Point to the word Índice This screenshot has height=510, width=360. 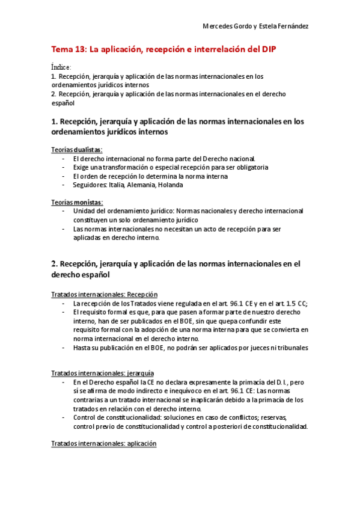click(x=61, y=68)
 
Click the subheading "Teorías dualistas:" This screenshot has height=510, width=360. click(x=78, y=149)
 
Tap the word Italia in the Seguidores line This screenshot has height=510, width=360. click(x=116, y=185)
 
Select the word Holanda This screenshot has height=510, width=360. click(x=171, y=185)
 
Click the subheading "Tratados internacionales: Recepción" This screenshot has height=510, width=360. click(x=105, y=294)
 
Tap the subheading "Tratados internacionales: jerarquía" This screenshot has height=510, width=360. click(x=103, y=373)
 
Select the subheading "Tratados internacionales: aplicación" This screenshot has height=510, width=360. click(x=104, y=443)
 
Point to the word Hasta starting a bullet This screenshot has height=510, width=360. click(x=82, y=347)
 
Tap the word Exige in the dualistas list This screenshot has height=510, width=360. click(x=81, y=167)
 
